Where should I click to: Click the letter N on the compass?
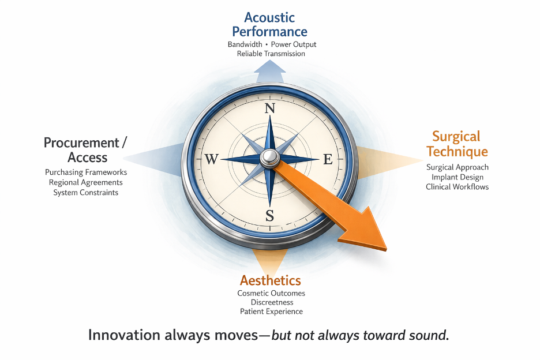269,108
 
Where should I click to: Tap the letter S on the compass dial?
269,216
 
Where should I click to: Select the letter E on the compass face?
328,159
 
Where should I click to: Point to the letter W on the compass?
212,159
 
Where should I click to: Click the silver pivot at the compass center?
269,158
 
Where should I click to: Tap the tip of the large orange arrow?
386,250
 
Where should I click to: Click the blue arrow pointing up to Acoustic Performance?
269,72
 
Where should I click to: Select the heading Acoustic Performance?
269,24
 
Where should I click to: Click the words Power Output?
294,44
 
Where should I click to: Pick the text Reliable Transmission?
271,54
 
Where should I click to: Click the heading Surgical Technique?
457,144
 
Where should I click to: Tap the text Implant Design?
457,177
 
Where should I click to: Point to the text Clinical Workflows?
457,187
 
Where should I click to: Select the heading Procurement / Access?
85,150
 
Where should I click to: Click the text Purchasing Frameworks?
86,172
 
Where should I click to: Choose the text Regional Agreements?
86,182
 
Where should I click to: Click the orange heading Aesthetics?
271,280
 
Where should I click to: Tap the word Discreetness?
272,302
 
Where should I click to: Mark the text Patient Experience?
271,312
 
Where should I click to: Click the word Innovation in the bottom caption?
124,335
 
